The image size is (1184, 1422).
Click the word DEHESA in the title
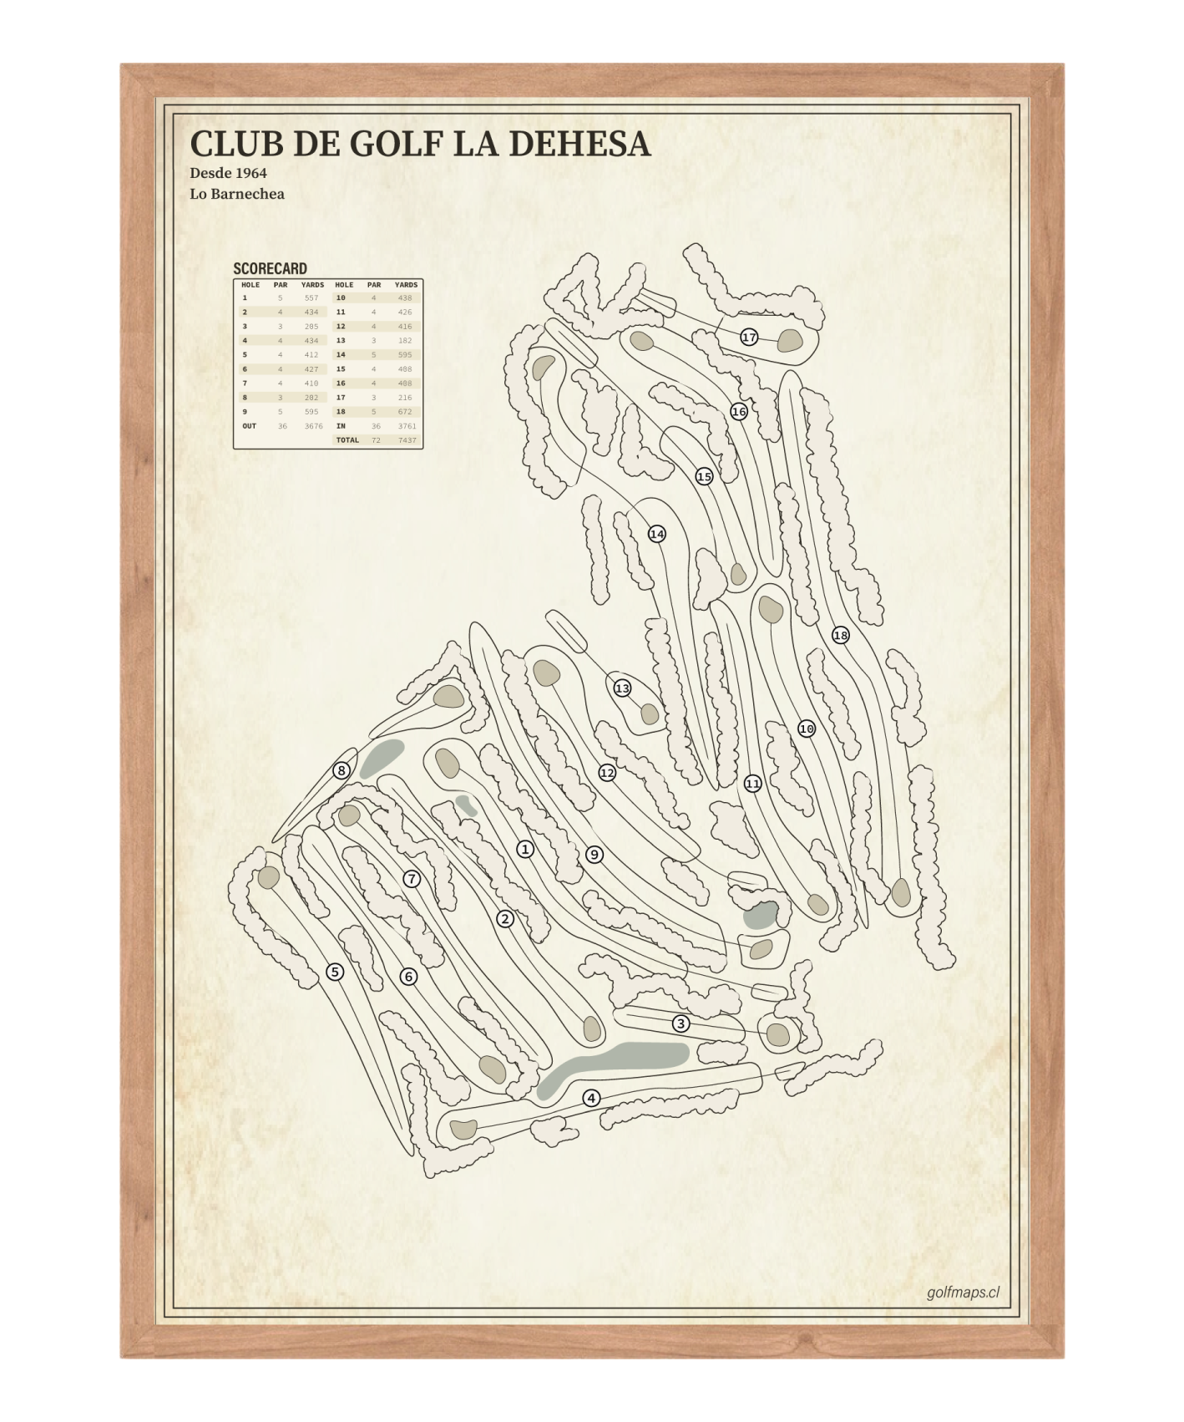(x=578, y=144)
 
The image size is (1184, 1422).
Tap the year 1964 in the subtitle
(x=250, y=173)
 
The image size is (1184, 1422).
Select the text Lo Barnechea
(x=236, y=194)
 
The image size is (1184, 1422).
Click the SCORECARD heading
(x=270, y=268)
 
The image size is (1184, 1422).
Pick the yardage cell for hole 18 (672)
(x=405, y=412)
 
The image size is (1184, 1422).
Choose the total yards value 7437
(x=407, y=440)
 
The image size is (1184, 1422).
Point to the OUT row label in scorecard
(x=250, y=426)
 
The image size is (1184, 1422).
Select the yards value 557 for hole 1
(x=311, y=298)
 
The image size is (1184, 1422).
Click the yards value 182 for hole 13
(x=405, y=341)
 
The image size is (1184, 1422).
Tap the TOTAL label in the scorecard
(x=347, y=440)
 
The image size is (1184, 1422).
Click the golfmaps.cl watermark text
(x=963, y=1292)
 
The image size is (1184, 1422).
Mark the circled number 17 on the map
(x=749, y=338)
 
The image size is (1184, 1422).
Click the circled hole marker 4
(x=591, y=1098)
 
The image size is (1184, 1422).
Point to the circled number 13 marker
(x=622, y=688)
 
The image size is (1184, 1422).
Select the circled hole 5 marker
(x=335, y=972)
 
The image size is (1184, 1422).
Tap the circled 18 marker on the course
(x=840, y=636)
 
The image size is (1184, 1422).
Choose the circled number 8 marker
(x=341, y=770)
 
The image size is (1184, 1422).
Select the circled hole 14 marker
(x=657, y=534)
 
